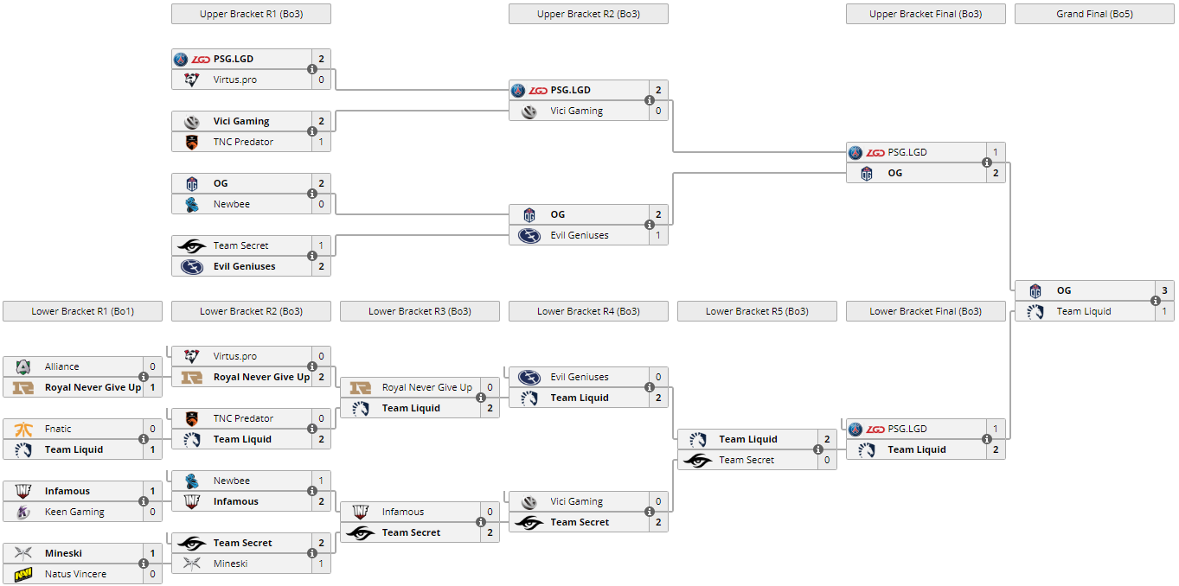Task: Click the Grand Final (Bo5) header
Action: pyautogui.click(x=1094, y=14)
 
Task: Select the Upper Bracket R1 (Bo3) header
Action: pyautogui.click(x=251, y=14)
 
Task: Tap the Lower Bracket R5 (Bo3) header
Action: pyautogui.click(x=757, y=311)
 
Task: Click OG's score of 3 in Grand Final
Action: pyautogui.click(x=1164, y=290)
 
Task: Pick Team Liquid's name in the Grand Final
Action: pyautogui.click(x=1083, y=311)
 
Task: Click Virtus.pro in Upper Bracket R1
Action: pyautogui.click(x=234, y=80)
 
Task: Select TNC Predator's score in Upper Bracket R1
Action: pyautogui.click(x=321, y=142)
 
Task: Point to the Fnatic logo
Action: pyautogui.click(x=23, y=429)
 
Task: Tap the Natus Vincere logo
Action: pyautogui.click(x=23, y=574)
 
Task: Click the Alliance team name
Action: pyautogui.click(x=61, y=366)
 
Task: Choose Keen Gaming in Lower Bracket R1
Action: pyautogui.click(x=74, y=512)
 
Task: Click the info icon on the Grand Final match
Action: pyautogui.click(x=1155, y=301)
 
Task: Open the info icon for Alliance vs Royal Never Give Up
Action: pyautogui.click(x=144, y=377)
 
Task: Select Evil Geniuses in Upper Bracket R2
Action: pyautogui.click(x=579, y=235)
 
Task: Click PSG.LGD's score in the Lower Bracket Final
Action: pyautogui.click(x=996, y=429)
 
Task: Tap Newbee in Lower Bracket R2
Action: pyautogui.click(x=231, y=481)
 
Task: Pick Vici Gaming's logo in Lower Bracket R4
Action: pyautogui.click(x=529, y=501)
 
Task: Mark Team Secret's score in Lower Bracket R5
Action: pyautogui.click(x=827, y=460)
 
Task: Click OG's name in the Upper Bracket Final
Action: pyautogui.click(x=894, y=173)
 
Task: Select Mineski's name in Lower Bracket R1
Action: pyautogui.click(x=63, y=553)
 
